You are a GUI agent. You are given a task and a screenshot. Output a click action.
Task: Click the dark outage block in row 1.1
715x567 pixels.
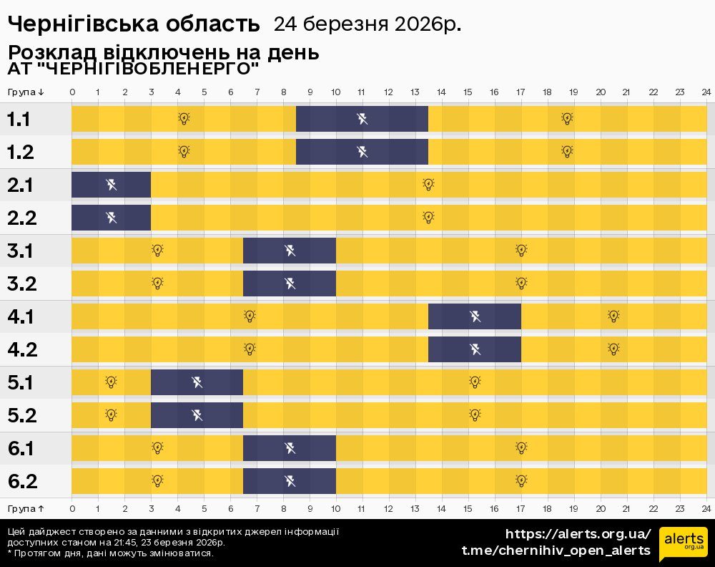[x=362, y=118]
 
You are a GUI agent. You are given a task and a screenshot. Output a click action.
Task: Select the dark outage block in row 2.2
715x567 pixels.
[x=111, y=217]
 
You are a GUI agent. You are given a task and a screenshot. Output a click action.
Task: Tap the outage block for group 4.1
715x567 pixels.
[x=475, y=316]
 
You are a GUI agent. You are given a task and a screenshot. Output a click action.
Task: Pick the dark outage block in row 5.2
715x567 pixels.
[x=197, y=415]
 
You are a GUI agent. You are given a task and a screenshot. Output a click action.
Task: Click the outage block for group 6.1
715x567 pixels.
[x=290, y=448]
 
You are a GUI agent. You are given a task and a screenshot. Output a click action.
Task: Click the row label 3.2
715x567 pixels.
[x=22, y=283]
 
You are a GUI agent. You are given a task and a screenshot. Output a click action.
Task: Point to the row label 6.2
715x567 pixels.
[x=22, y=481]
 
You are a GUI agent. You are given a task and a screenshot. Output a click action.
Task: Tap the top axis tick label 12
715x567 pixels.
[x=388, y=92]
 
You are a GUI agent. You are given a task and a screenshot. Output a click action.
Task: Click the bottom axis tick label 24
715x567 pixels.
[x=706, y=508]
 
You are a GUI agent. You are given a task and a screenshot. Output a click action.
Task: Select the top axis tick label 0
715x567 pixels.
[x=72, y=92]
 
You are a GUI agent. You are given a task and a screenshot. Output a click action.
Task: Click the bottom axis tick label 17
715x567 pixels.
[x=521, y=508]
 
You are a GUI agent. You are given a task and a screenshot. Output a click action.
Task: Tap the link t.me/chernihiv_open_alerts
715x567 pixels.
[x=556, y=551]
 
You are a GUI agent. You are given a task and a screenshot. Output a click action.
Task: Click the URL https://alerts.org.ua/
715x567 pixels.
[x=578, y=534]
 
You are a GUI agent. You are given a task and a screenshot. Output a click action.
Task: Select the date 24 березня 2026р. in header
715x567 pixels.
[x=367, y=24]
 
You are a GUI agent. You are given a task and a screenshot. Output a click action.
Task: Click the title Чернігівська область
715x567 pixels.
[x=134, y=24]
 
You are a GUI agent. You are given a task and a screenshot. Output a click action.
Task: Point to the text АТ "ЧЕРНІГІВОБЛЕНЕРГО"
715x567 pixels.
[x=133, y=69]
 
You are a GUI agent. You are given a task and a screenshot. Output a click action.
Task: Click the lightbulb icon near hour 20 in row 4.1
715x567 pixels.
[x=613, y=316]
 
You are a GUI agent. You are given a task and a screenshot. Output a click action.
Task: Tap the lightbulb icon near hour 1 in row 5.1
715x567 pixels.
[x=111, y=382]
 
